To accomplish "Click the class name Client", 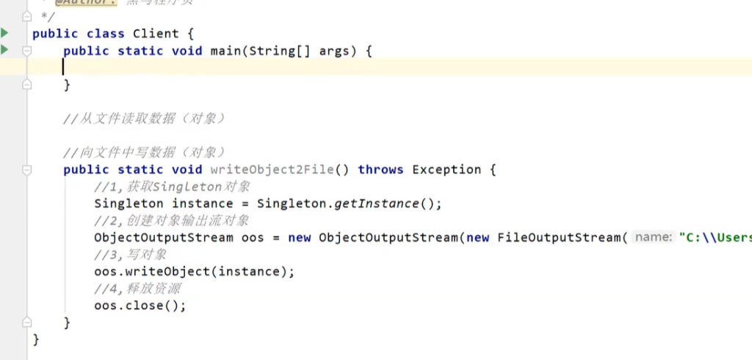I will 156,34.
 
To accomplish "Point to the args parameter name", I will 334,51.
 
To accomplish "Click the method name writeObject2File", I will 277,170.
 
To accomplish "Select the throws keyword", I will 380,170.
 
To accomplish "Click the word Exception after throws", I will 446,170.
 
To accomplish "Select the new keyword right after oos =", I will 299,238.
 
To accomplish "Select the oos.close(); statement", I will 140,306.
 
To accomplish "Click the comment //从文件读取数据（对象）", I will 144,118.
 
